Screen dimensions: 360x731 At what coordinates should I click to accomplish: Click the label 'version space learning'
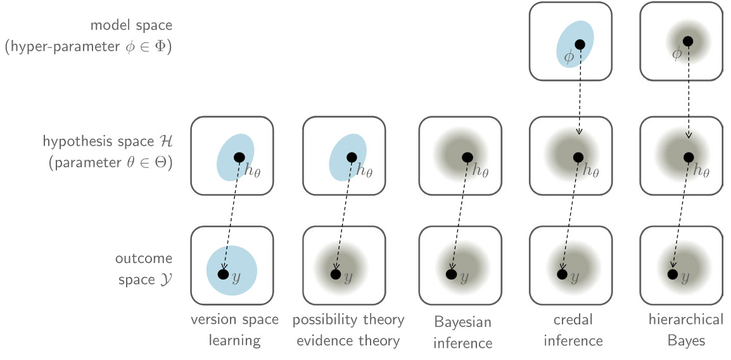tap(234, 330)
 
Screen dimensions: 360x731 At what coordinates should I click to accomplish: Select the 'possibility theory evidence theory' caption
tap(348, 330)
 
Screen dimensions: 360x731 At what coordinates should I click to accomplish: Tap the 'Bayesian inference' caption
tap(463, 333)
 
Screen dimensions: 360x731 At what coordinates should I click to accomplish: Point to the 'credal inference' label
tap(573, 330)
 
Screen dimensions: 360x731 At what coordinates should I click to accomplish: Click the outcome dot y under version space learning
tap(222, 274)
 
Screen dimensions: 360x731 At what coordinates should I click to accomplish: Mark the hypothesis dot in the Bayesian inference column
tap(467, 157)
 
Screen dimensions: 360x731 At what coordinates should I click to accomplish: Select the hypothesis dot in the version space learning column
tap(239, 157)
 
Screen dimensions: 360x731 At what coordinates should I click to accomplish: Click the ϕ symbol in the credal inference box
tap(568, 56)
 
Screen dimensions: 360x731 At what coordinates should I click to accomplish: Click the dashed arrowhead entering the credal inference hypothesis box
tap(579, 131)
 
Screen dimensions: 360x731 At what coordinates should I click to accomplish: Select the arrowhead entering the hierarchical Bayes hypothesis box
tap(688, 134)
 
